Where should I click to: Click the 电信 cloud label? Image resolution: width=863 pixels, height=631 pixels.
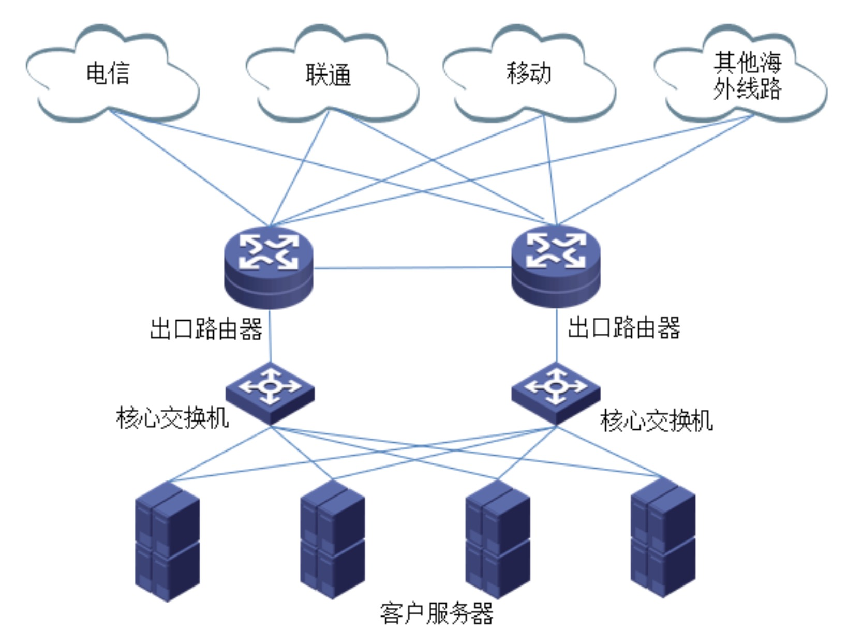[108, 73]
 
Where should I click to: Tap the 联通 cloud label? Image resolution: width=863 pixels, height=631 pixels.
[328, 75]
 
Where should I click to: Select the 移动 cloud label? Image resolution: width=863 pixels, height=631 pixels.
[528, 73]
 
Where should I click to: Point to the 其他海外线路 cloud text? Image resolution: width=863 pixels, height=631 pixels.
[747, 76]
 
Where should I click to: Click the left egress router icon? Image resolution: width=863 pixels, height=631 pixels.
[269, 266]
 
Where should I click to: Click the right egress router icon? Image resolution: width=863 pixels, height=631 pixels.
[556, 265]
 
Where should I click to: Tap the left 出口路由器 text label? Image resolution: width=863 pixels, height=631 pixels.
[206, 329]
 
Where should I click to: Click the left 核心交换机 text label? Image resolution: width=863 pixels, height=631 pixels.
[172, 417]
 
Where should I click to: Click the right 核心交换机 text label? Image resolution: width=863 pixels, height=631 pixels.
[656, 420]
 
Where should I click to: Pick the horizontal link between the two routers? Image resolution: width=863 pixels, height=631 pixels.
[412, 268]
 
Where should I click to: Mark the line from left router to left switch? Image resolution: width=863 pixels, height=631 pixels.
[270, 336]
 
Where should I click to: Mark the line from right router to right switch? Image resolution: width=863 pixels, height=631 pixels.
[557, 335]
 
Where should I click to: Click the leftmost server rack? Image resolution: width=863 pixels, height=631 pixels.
[167, 541]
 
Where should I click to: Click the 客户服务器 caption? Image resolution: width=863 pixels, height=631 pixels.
[436, 613]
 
